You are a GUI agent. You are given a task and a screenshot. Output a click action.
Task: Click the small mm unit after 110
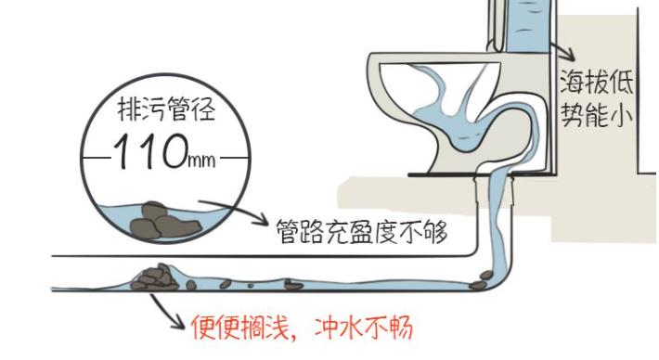(x=201, y=161)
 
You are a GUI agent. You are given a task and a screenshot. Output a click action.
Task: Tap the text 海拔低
(x=596, y=85)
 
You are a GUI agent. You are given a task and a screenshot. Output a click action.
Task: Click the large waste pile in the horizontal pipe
(x=156, y=276)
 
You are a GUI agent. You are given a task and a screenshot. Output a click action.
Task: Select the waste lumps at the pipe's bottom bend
(x=483, y=275)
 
